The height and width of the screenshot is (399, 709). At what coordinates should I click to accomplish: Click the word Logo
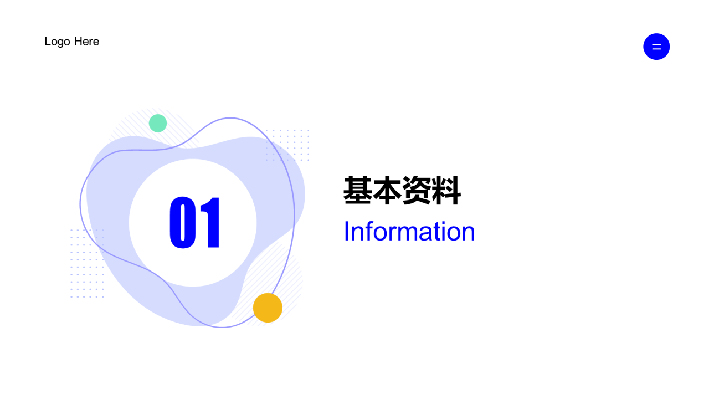[x=57, y=42]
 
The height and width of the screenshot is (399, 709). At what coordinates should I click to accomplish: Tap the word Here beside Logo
[x=86, y=42]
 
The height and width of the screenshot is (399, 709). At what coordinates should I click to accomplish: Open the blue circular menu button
[x=656, y=47]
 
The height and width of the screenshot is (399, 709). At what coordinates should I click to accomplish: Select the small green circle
[x=158, y=123]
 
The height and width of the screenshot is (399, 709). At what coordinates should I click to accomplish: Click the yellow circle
[x=268, y=308]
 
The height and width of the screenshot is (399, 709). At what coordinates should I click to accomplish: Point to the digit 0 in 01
[x=182, y=222]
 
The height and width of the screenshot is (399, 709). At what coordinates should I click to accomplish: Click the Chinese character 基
[x=358, y=191]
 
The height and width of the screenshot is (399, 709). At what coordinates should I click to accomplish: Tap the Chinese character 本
[x=387, y=191]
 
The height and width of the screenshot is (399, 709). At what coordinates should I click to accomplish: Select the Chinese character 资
[x=417, y=191]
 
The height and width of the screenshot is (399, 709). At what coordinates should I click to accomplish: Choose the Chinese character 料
[x=446, y=191]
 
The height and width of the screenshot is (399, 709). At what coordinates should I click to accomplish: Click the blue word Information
[x=409, y=231]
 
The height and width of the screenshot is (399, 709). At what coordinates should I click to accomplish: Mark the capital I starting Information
[x=346, y=231]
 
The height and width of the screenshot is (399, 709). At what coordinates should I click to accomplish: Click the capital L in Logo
[x=48, y=42]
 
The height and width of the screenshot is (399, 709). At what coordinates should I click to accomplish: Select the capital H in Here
[x=78, y=42]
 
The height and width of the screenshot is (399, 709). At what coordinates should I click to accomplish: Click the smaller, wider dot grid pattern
[x=287, y=145]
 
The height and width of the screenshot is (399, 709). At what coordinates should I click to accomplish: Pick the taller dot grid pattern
[x=87, y=263]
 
